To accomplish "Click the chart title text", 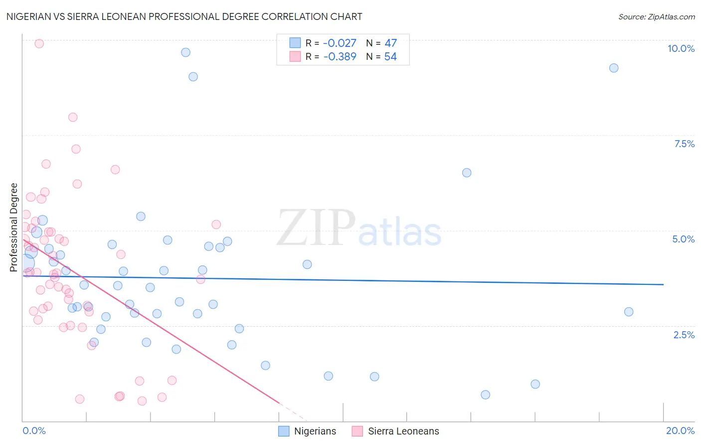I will pyautogui.click(x=184, y=16).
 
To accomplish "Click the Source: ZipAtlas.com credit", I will pyautogui.click(x=656, y=16).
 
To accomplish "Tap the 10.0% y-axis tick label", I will pyautogui.click(x=681, y=48).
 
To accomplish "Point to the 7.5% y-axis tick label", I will pyautogui.click(x=684, y=144).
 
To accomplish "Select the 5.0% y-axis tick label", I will pyautogui.click(x=683, y=239).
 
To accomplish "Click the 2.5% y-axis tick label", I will pyautogui.click(x=684, y=335).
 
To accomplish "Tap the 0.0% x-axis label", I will pyautogui.click(x=34, y=431).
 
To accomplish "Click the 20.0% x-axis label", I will pyautogui.click(x=680, y=431).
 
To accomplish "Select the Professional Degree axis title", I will pyautogui.click(x=14, y=227).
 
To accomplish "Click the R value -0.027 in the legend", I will pyautogui.click(x=340, y=43).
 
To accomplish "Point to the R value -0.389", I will pyautogui.click(x=340, y=57).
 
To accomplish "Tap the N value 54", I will pyautogui.click(x=390, y=57).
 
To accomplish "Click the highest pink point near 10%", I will pyautogui.click(x=39, y=43).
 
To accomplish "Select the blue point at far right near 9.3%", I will pyautogui.click(x=614, y=68).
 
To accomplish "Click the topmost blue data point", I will pyautogui.click(x=185, y=52).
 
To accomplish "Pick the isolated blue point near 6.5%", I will pyautogui.click(x=467, y=173).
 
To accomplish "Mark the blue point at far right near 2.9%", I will pyautogui.click(x=629, y=312).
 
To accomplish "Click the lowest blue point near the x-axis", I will pyautogui.click(x=485, y=395).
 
